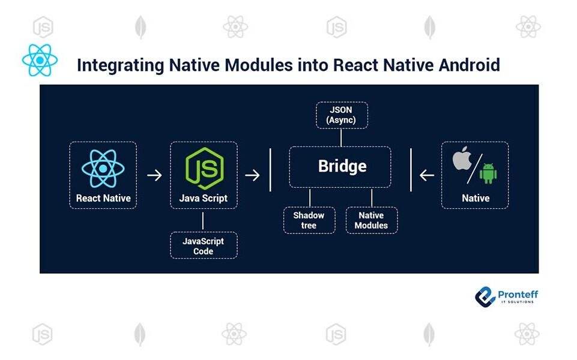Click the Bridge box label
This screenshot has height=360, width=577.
pyautogui.click(x=342, y=167)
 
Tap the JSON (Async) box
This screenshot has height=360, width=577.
pyautogui.click(x=341, y=115)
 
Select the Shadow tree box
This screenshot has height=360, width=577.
pyautogui.click(x=309, y=220)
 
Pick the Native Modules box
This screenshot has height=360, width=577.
pyautogui.click(x=371, y=220)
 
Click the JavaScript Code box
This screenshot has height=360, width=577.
pyautogui.click(x=204, y=245)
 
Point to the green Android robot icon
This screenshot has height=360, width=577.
pyautogui.click(x=488, y=173)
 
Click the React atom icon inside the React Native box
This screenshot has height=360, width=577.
pyautogui.click(x=103, y=169)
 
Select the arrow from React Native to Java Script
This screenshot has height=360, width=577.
pyautogui.click(x=154, y=175)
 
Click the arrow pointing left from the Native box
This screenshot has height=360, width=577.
pyautogui.click(x=427, y=175)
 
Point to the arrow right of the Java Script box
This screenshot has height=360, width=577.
pyautogui.click(x=253, y=175)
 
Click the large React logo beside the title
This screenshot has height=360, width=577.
pyautogui.click(x=40, y=61)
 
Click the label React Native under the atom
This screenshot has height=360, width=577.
pyautogui.click(x=103, y=198)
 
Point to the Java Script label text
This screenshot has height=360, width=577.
pyautogui.click(x=204, y=198)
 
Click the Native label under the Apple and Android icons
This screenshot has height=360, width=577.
pyautogui.click(x=475, y=198)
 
